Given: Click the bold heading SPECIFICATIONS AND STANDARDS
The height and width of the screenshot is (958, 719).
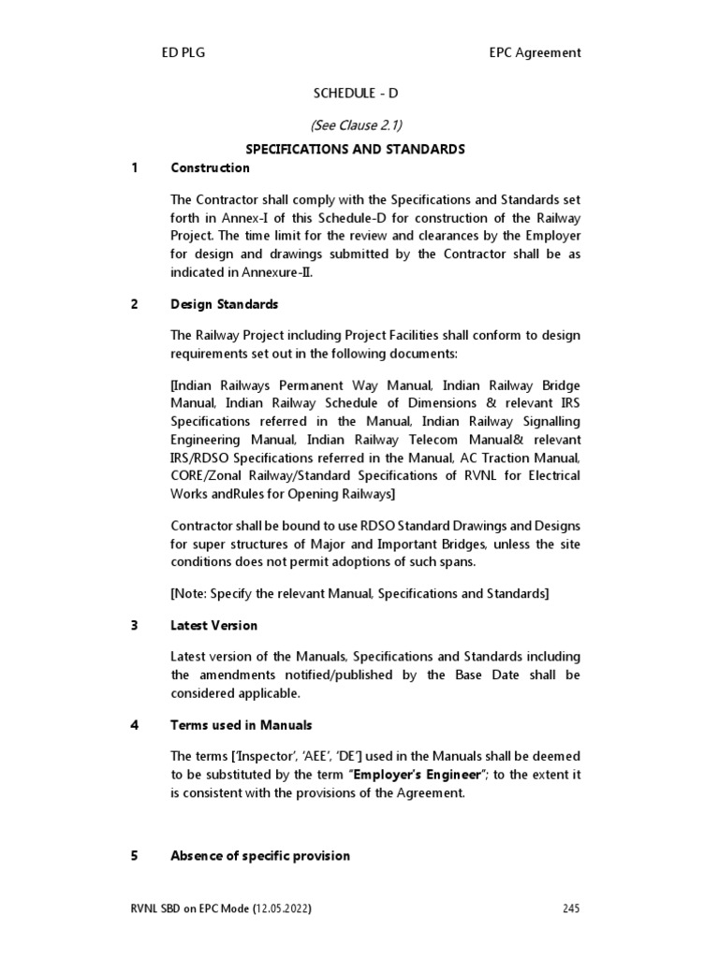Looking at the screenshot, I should [x=355, y=149].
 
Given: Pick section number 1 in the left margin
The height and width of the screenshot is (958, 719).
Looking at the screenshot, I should [x=135, y=168].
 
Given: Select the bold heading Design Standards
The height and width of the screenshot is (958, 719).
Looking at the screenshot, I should [x=224, y=305].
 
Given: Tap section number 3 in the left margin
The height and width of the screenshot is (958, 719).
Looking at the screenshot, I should [x=135, y=625].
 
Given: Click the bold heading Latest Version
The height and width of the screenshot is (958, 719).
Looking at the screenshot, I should [x=213, y=625].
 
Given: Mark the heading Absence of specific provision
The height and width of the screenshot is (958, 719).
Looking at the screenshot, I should [x=260, y=856].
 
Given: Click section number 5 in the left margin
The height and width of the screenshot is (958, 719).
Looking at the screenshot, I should [x=135, y=856].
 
